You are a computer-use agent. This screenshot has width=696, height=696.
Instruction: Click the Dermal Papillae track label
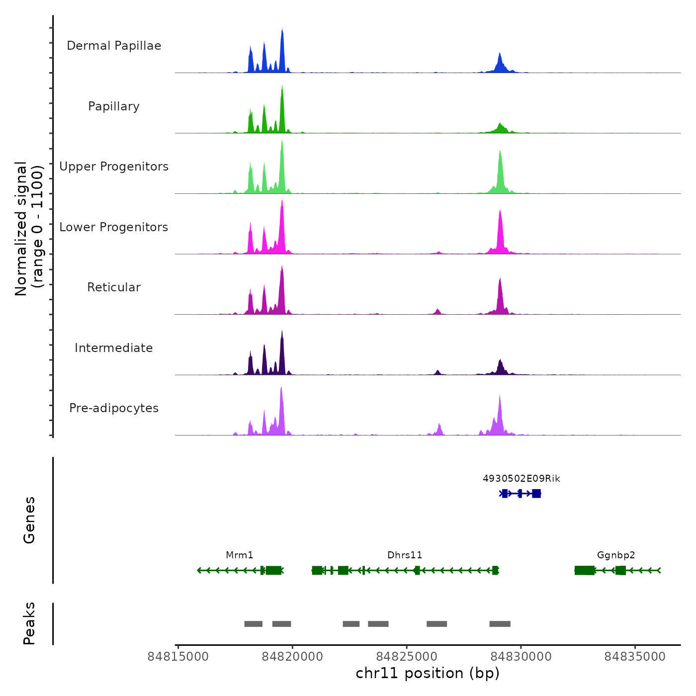pos(114,46)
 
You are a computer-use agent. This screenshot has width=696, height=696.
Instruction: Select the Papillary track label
pos(114,106)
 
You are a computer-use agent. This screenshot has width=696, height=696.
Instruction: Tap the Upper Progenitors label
pos(114,167)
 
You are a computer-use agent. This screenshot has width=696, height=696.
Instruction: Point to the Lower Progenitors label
pos(114,227)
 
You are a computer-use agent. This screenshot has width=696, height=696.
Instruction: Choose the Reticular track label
pos(114,287)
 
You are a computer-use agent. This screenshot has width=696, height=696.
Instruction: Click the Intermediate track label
pos(114,348)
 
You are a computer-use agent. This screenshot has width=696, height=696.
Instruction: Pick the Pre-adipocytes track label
pos(114,408)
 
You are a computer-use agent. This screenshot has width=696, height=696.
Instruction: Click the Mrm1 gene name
pos(240,555)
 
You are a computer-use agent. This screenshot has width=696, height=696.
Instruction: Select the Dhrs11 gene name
pos(405,555)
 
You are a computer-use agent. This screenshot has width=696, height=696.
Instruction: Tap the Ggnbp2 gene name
pos(616,555)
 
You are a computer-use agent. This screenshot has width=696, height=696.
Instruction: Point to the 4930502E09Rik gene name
pos(522,479)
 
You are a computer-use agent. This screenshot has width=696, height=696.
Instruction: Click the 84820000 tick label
pos(292,657)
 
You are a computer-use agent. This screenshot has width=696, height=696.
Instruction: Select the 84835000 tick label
pos(635,657)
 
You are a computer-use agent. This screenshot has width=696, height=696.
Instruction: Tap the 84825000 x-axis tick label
pos(407,657)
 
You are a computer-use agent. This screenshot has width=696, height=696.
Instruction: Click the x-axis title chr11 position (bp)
pos(428,673)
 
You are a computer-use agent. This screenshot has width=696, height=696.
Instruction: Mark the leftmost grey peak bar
pos(254,624)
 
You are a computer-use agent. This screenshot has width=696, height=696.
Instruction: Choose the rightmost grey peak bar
pos(500,624)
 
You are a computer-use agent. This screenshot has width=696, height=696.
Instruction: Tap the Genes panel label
pos(29,520)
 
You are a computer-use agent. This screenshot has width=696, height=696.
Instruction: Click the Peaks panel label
pos(29,623)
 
